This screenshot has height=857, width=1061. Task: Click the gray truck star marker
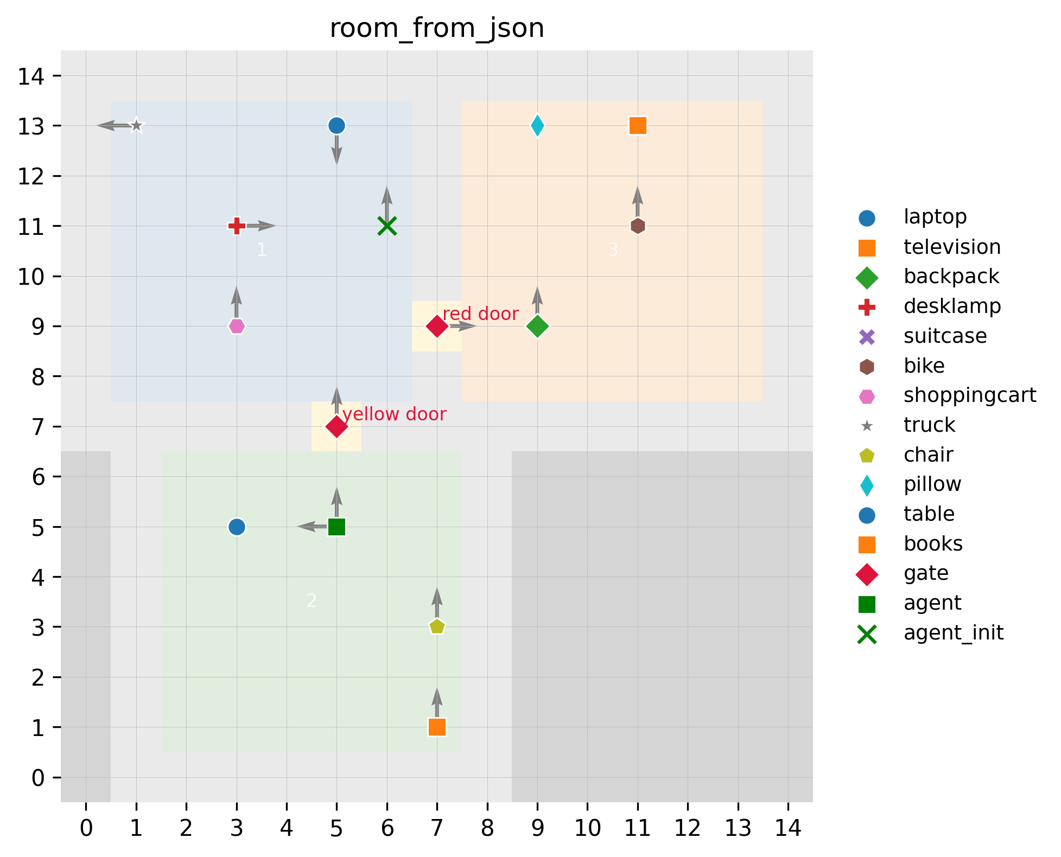136,126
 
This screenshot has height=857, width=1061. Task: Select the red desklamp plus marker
237,226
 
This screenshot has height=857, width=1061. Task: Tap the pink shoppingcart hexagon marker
237,326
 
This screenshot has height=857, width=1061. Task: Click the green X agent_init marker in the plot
387,226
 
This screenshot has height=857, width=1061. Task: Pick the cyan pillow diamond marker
537,126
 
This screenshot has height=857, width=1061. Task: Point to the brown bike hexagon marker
638,226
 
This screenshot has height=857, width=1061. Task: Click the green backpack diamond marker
537,326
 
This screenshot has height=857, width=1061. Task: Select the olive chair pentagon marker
437,626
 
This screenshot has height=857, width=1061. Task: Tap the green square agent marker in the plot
336,527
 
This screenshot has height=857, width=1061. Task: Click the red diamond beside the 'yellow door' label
336,426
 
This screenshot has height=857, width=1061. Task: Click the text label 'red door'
480,314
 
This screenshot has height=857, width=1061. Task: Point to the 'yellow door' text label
394,414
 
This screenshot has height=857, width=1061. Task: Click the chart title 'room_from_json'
437,28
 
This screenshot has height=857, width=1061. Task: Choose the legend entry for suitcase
945,336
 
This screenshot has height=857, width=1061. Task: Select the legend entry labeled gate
926,573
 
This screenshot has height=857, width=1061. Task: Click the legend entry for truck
929,425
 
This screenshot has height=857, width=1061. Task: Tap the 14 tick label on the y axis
31,76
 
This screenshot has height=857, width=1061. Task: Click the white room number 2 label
311,600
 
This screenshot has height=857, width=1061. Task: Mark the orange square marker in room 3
638,126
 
